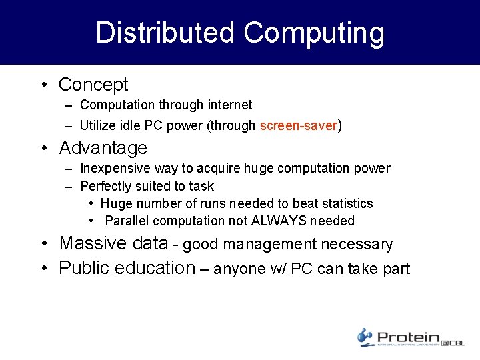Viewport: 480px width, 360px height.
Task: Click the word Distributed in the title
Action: tap(165, 33)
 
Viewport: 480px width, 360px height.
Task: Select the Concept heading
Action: tap(93, 85)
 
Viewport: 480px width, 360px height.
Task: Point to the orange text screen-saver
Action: tap(299, 125)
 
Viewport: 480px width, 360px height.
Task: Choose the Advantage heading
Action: tap(103, 147)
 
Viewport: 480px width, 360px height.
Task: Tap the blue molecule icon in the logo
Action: tap(365, 337)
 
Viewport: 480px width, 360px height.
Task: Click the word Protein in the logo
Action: tap(408, 337)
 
